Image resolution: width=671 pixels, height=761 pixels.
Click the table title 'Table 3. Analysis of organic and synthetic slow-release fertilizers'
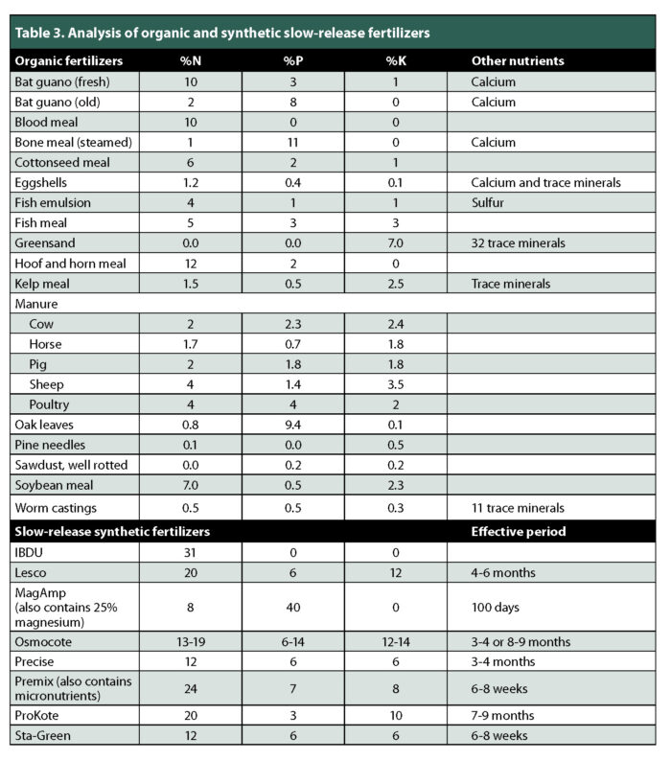coord(220,33)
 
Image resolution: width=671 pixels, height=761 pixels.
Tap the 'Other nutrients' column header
coord(517,60)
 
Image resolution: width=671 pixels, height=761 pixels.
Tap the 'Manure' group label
coord(35,304)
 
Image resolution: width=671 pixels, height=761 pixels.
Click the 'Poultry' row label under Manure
coord(52,404)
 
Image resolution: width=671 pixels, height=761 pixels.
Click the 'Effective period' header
coord(519,530)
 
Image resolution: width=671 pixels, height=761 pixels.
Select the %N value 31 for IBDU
coord(190,552)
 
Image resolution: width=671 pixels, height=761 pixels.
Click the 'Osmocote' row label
coord(45,640)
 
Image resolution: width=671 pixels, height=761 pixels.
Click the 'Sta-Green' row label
coord(46,736)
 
